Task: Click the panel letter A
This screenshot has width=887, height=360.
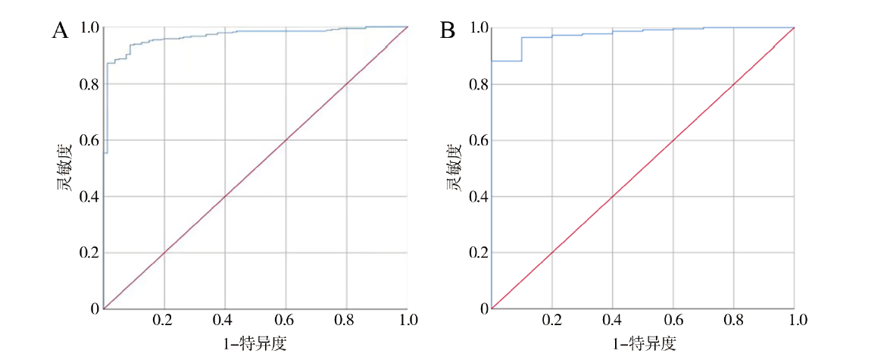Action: [x=61, y=31]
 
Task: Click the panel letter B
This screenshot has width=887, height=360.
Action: [x=448, y=31]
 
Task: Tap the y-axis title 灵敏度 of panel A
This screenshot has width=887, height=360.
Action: [x=67, y=167]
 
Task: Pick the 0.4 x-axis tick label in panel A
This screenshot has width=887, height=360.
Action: [x=225, y=321]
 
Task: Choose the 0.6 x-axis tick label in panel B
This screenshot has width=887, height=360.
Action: [x=673, y=321]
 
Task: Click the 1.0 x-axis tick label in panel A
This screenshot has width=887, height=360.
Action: [x=408, y=321]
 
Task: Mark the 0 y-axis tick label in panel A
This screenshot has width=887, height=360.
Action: [x=94, y=308]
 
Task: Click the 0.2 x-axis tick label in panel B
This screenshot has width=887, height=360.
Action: [x=551, y=321]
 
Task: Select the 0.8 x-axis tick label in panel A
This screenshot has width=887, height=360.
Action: [x=347, y=321]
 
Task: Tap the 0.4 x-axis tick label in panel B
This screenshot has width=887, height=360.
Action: [x=612, y=321]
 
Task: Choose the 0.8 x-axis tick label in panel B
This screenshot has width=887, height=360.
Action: [x=734, y=321]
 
